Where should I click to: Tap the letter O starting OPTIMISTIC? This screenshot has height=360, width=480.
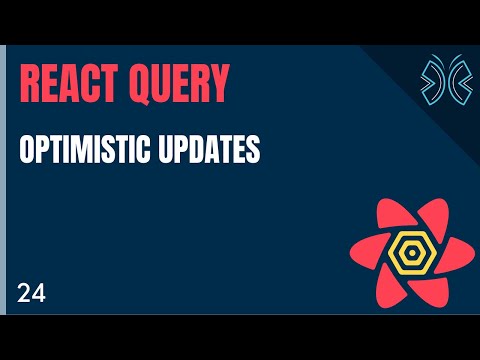[26, 150]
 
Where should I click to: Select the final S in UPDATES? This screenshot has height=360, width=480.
[254, 150]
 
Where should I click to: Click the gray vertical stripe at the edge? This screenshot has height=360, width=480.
[3, 180]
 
